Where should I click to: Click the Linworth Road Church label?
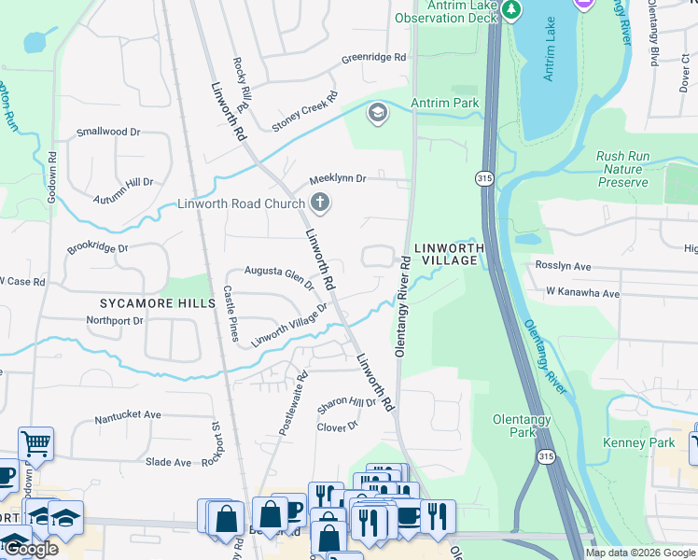click(242, 203)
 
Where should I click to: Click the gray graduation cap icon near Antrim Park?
click(378, 114)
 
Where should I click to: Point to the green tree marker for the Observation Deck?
click(510, 9)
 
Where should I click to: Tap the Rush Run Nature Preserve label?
click(622, 169)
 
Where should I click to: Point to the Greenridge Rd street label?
click(373, 57)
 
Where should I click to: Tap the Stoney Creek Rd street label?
click(304, 112)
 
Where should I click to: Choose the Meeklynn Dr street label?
click(338, 177)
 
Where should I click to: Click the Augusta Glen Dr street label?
click(279, 277)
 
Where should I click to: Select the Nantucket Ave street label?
click(128, 414)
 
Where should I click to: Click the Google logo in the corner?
click(31, 549)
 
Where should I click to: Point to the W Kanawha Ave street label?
click(583, 293)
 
